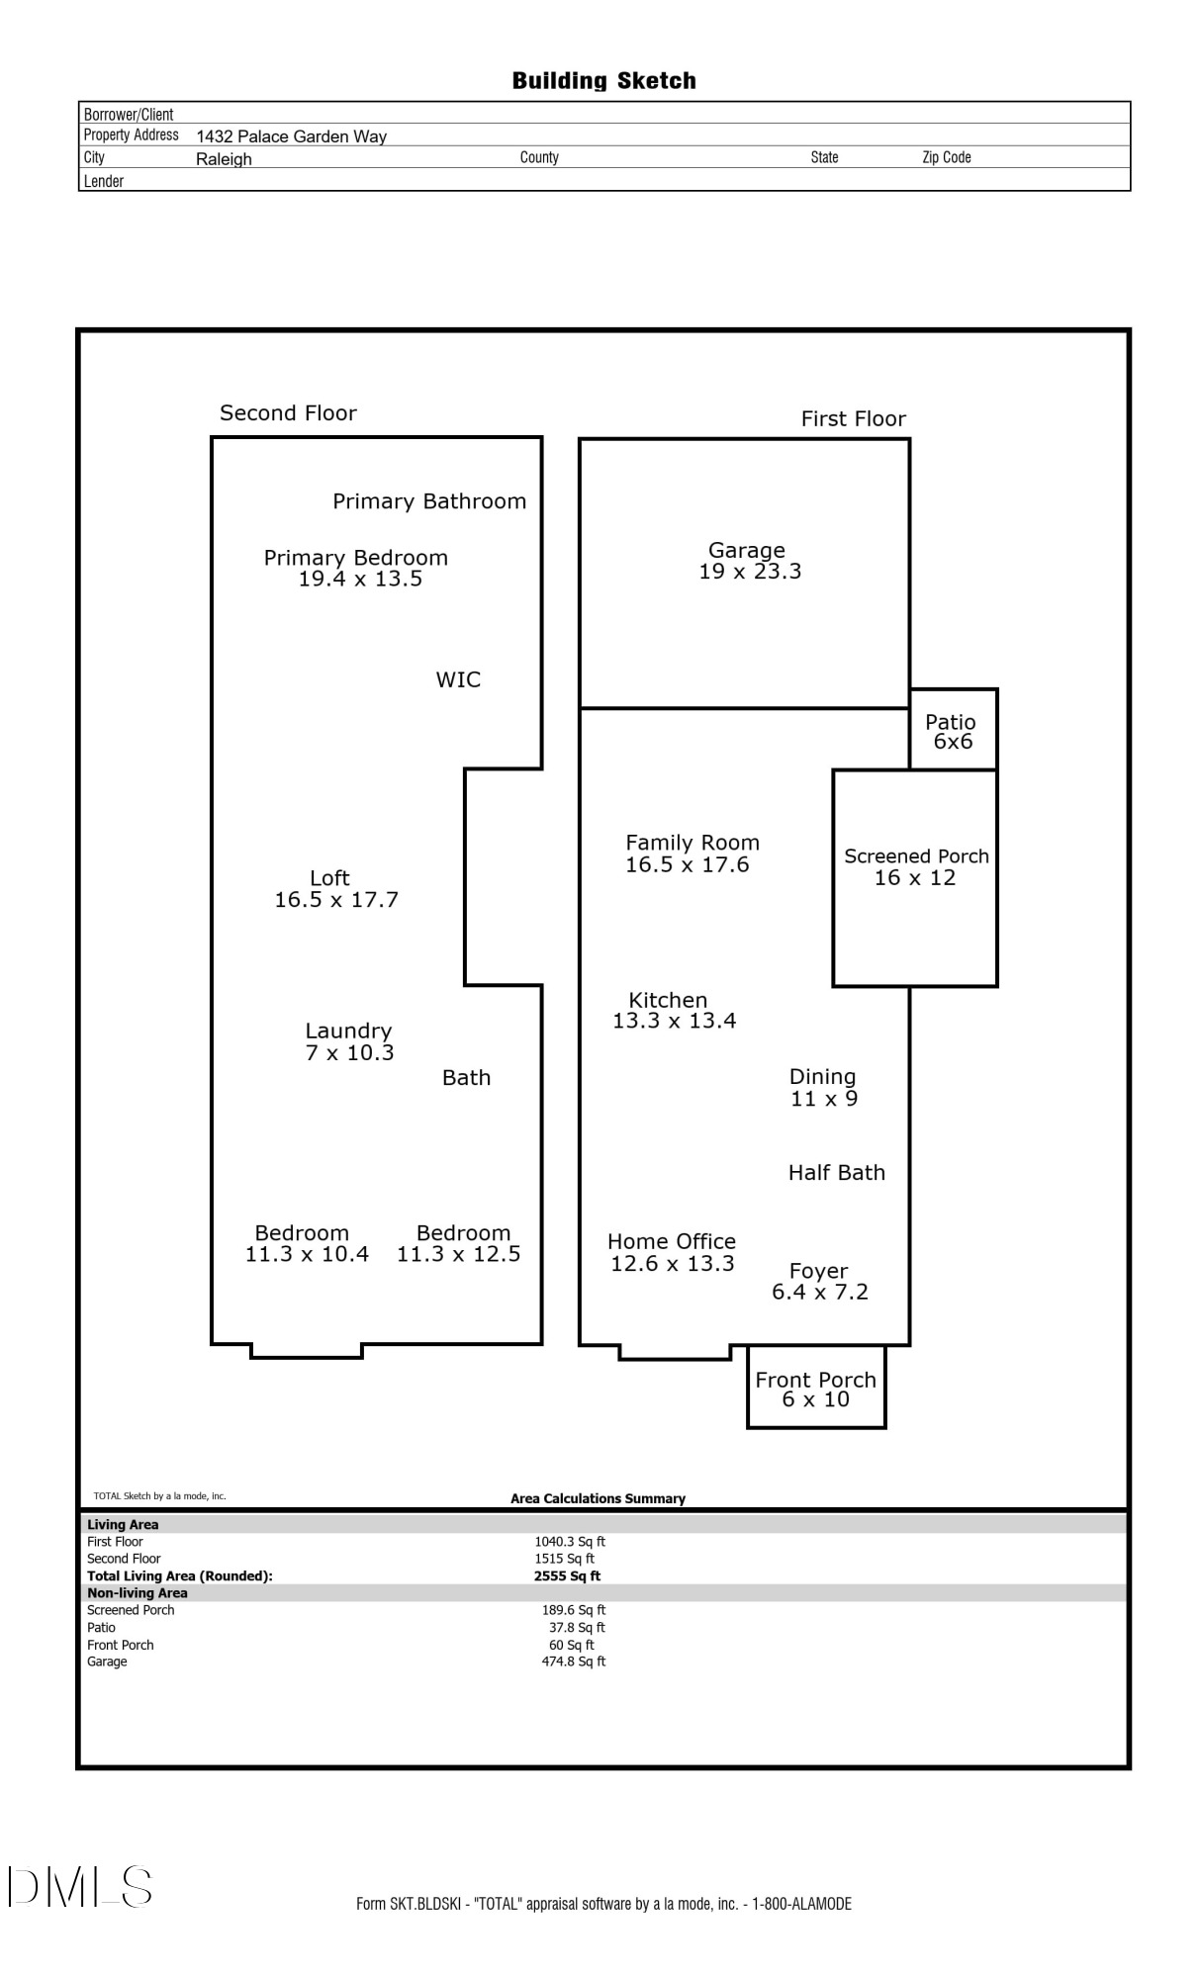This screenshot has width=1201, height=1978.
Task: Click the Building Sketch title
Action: click(603, 81)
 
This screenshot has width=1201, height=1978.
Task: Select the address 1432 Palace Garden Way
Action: click(291, 136)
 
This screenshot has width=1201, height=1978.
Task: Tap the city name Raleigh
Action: click(224, 159)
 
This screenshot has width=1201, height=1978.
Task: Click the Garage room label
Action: click(747, 550)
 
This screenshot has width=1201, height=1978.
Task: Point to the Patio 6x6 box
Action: click(953, 731)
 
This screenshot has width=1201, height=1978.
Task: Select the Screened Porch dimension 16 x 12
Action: click(915, 878)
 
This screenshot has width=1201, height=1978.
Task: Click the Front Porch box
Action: click(816, 1389)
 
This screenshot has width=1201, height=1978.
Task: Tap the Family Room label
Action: click(693, 843)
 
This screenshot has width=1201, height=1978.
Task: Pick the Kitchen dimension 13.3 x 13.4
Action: click(674, 1022)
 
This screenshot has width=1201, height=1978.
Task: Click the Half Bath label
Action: click(837, 1173)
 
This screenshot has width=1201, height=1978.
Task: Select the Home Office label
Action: click(672, 1241)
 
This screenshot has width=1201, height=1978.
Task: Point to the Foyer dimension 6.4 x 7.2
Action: click(820, 1293)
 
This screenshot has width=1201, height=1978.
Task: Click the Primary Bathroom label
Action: click(429, 501)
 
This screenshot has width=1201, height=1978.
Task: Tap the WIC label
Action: click(458, 680)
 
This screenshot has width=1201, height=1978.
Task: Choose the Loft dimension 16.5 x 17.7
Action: click(336, 900)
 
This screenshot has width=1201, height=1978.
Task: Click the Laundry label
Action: click(348, 1031)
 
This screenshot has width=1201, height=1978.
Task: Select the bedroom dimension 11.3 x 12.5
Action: click(459, 1254)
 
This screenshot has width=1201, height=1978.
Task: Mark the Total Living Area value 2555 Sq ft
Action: click(567, 1576)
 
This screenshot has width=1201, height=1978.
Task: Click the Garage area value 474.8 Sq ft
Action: click(574, 1662)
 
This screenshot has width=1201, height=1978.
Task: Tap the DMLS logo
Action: click(81, 1887)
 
